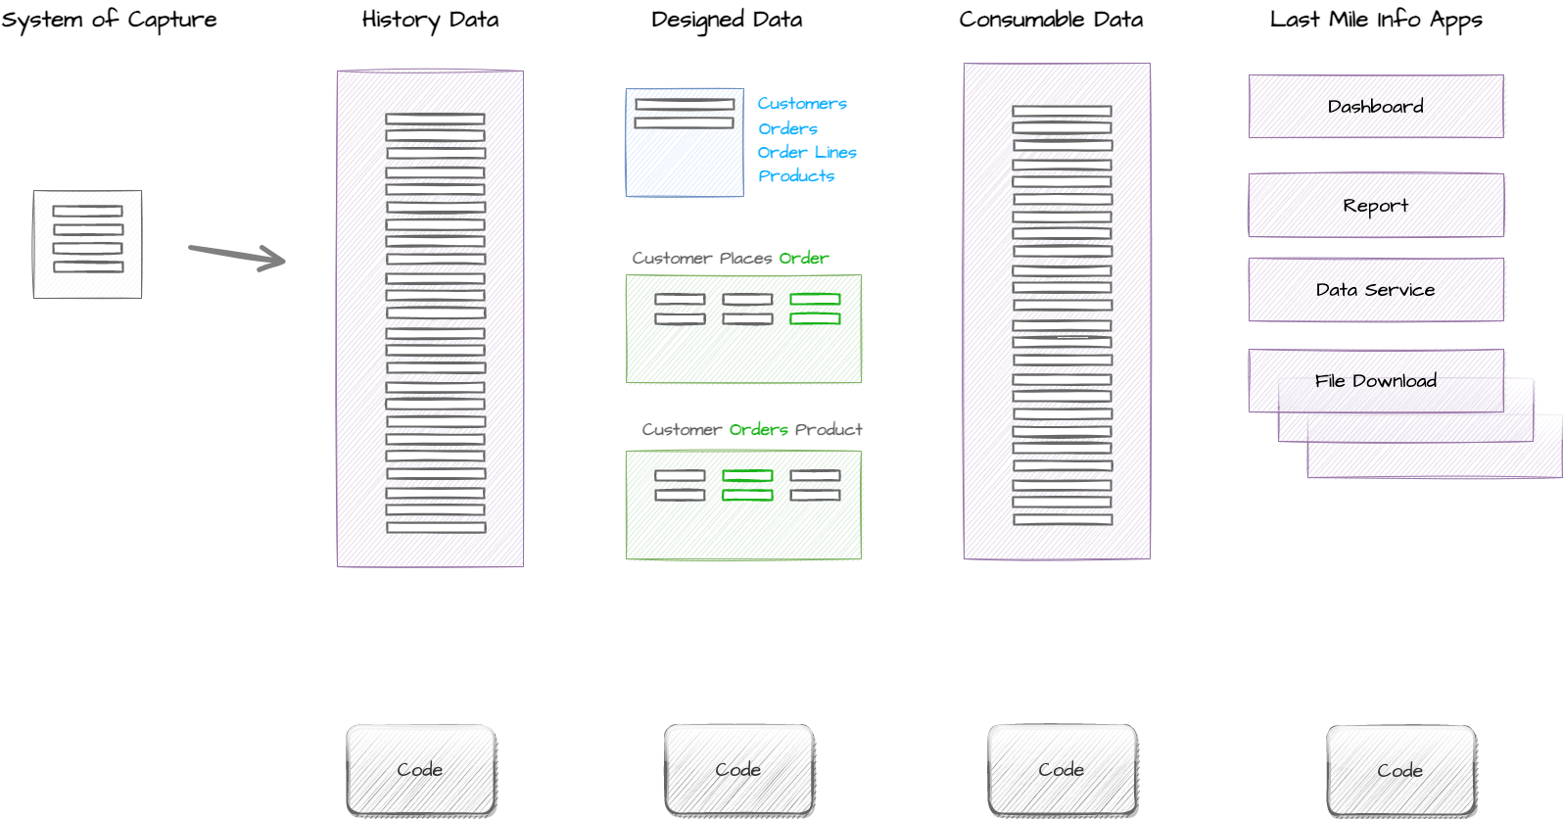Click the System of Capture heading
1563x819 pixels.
point(109,21)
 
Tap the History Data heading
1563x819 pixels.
point(431,21)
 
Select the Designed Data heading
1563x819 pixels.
point(727,21)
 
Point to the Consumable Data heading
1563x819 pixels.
point(1051,20)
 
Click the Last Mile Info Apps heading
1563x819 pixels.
point(1376,21)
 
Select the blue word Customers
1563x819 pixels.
point(802,103)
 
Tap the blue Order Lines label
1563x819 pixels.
point(807,152)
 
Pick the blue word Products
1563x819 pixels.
point(796,176)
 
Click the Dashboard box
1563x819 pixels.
point(1376,106)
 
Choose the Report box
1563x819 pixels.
point(1376,206)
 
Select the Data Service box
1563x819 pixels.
point(1376,290)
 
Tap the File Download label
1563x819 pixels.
point(1376,380)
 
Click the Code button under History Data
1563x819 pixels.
point(421,770)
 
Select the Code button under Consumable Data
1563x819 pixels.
point(1063,770)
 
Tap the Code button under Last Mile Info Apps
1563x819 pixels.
point(1401,771)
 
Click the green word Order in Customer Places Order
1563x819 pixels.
point(804,259)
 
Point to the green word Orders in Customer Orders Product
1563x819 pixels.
point(758,429)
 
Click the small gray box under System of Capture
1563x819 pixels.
point(88,244)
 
